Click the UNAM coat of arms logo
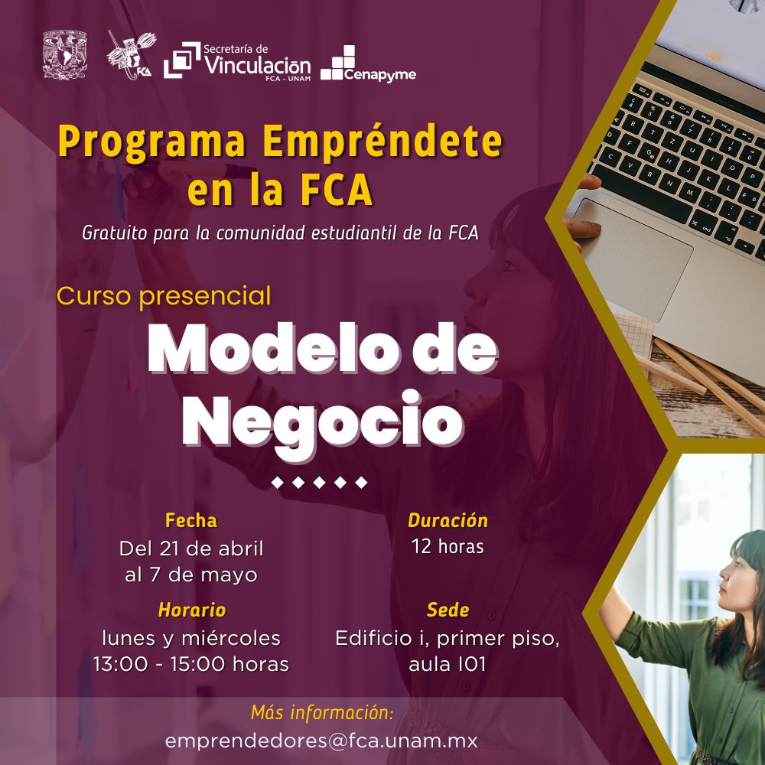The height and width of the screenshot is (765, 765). tap(64, 54)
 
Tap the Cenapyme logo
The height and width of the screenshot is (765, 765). tap(368, 63)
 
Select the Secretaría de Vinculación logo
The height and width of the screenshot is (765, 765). tap(237, 60)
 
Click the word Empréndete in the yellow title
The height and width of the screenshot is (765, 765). tap(382, 141)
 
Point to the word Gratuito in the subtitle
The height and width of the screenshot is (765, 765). tap(114, 233)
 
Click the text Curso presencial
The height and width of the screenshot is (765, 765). tap(164, 296)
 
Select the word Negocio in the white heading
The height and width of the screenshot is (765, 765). tap(323, 422)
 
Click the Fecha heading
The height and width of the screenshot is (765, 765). tap(190, 520)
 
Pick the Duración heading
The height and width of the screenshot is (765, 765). tap(448, 520)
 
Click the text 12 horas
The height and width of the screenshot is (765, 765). tap(448, 546)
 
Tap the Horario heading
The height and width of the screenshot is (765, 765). tap(192, 610)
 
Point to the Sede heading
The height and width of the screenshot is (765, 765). tap(448, 610)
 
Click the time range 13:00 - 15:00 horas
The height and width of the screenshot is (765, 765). tap(190, 664)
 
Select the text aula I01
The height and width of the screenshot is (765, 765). tap(447, 664)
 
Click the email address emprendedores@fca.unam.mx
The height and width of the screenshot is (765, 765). tap(321, 741)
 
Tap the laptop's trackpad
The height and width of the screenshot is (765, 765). tap(633, 258)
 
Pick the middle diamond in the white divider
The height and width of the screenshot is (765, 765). tap(319, 483)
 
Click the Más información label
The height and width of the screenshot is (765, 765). tap(322, 713)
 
